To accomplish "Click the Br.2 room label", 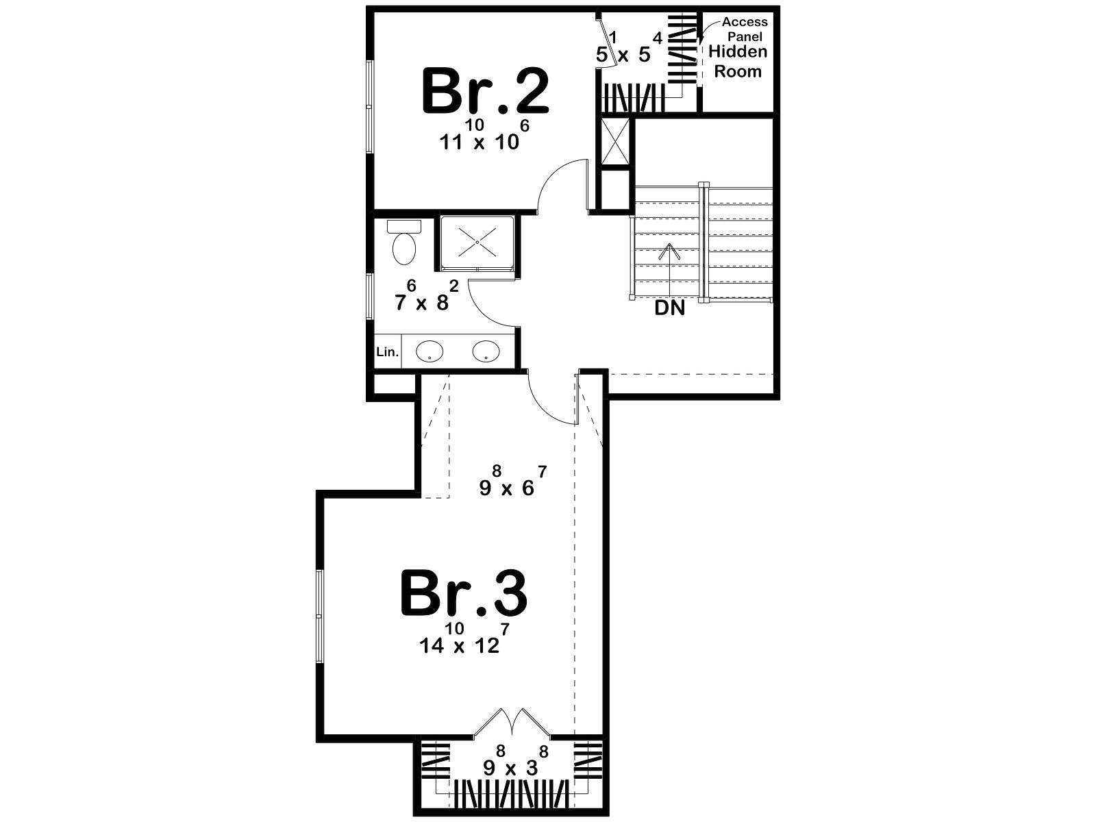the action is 486,92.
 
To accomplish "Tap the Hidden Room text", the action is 738,62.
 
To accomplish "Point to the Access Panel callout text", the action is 745,29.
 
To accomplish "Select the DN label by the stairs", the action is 669,308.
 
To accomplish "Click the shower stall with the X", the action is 477,243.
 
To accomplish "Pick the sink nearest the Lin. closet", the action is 429,351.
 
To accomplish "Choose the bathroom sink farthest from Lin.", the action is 486,351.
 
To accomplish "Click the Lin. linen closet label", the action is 388,352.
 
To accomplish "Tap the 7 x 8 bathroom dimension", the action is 427,296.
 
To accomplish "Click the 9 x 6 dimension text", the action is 513,481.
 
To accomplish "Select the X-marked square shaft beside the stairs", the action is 614,142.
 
